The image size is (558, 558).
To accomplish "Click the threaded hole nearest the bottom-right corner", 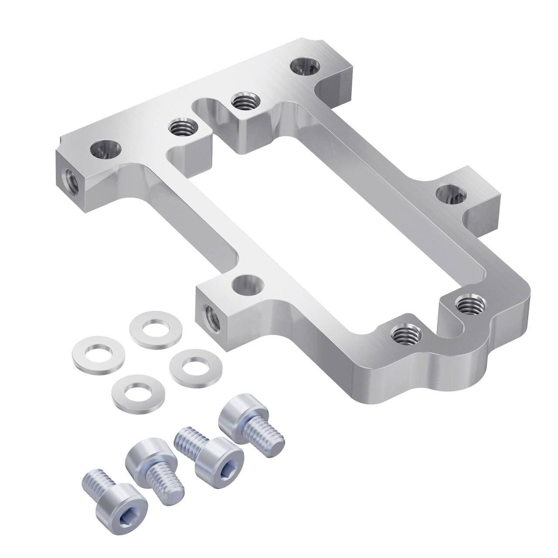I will coord(470,305).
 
